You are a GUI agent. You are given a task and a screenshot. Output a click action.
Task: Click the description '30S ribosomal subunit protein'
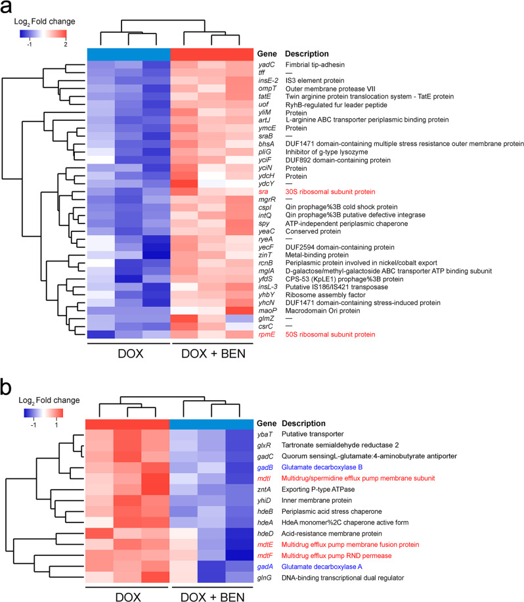[x=330, y=191]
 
